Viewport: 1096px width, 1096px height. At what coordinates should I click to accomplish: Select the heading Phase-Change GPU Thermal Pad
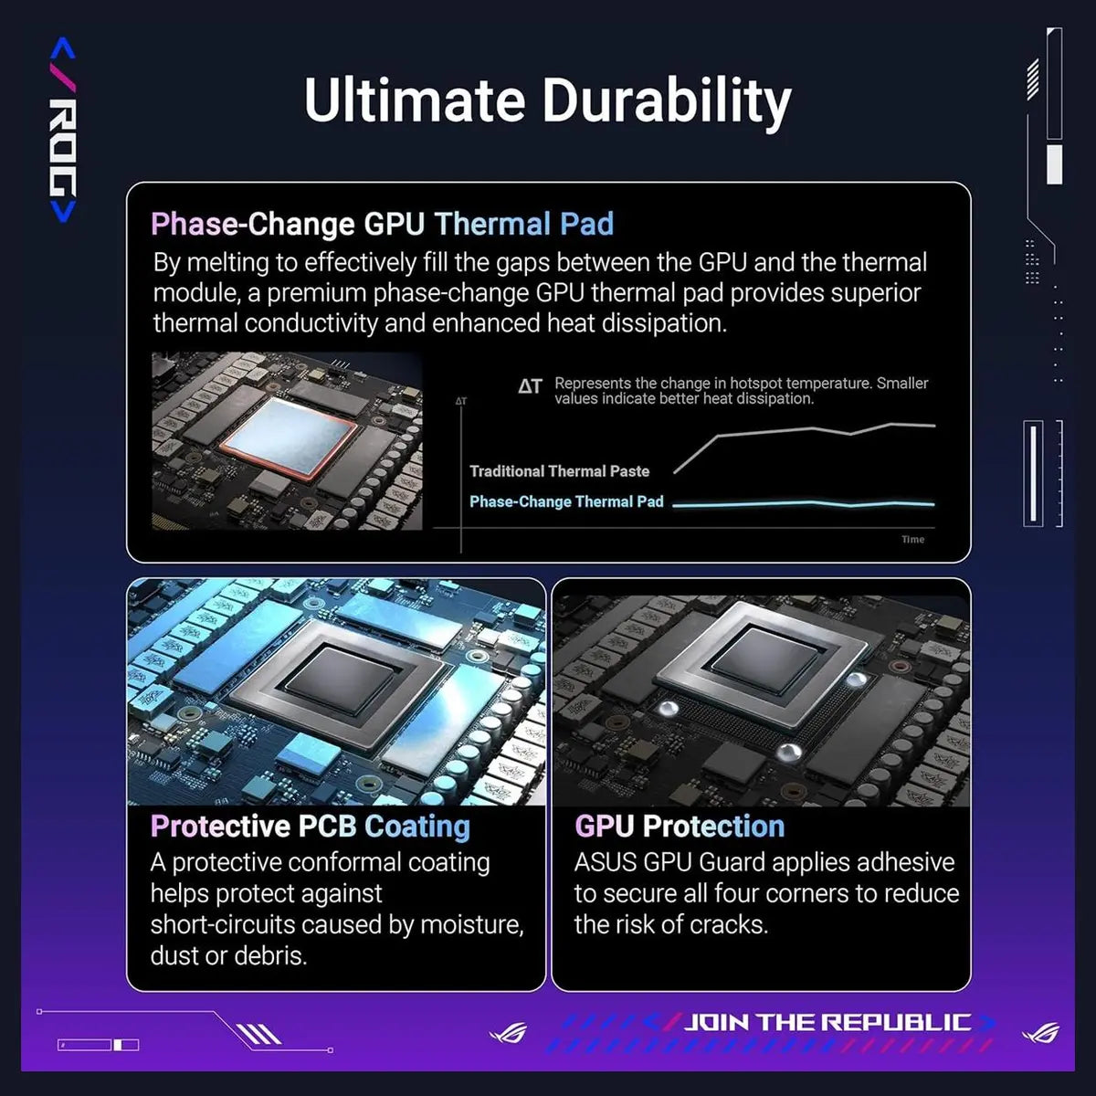coord(382,224)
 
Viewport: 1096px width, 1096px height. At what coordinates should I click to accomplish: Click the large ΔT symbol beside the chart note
coord(530,387)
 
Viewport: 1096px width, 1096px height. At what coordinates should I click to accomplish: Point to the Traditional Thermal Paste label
coord(559,471)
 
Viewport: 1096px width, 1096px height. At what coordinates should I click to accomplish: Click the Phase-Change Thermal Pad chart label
coord(566,501)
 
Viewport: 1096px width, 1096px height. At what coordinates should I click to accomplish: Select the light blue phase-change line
coord(804,503)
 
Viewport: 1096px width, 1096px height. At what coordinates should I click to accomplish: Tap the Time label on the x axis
coord(912,539)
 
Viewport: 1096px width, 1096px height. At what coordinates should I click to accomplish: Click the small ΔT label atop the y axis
coord(460,401)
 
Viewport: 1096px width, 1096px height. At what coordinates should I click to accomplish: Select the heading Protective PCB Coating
coord(311,827)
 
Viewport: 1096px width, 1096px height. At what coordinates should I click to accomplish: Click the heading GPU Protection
coord(680,827)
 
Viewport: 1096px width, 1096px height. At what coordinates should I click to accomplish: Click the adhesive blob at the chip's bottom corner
coord(789,752)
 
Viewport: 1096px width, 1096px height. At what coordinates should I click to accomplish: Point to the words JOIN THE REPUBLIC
coord(827,1022)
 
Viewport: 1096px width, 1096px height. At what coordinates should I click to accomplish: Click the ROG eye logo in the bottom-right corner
coord(1040,1032)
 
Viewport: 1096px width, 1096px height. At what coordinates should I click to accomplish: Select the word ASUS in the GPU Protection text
coord(606,863)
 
